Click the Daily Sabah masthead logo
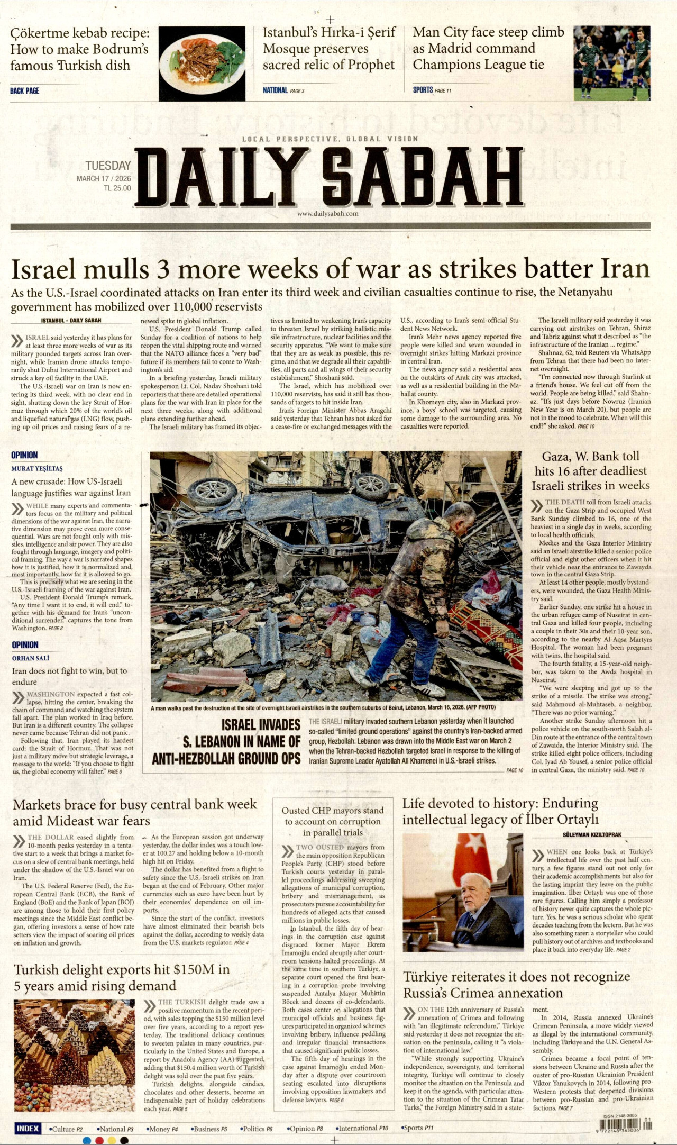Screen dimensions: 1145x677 point(329,177)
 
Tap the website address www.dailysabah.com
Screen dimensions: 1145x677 point(328,214)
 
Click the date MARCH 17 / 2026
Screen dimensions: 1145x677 point(104,179)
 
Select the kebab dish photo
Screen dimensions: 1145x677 point(202,63)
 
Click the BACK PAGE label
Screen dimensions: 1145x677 point(24,91)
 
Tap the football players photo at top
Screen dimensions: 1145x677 point(612,62)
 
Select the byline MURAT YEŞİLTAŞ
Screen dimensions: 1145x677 point(37,469)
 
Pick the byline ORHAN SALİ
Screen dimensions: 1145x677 point(31,658)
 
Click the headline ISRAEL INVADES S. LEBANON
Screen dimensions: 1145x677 point(226,741)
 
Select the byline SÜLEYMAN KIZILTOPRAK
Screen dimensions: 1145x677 point(592,834)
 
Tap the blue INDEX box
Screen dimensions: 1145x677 point(28,1128)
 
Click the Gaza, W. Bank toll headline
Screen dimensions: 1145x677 point(590,471)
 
